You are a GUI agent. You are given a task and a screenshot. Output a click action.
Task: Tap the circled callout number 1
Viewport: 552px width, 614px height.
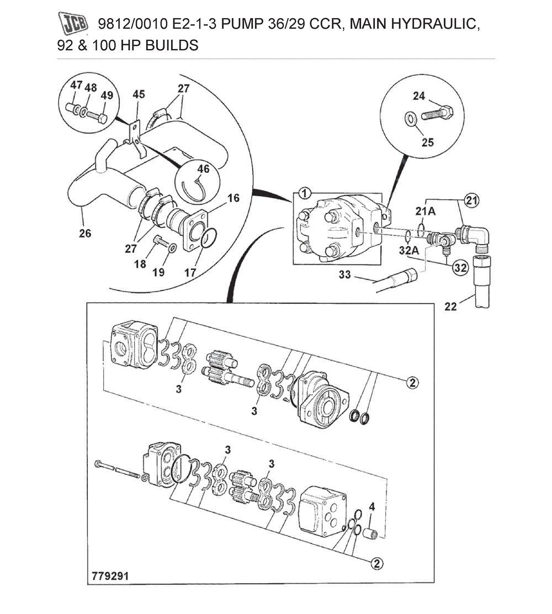305,193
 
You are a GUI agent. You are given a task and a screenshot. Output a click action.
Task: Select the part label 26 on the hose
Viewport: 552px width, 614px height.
84,233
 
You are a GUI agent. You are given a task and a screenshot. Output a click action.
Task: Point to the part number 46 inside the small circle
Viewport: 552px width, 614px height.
204,169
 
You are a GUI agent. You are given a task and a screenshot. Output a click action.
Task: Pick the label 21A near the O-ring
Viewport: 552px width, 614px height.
424,211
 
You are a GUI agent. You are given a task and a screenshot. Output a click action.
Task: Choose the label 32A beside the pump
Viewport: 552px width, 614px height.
409,250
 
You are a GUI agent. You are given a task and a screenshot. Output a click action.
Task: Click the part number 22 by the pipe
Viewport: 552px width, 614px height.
451,307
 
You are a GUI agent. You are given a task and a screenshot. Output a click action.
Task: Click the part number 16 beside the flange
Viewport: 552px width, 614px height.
233,198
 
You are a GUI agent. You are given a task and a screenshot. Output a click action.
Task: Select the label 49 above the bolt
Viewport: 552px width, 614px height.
107,95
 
